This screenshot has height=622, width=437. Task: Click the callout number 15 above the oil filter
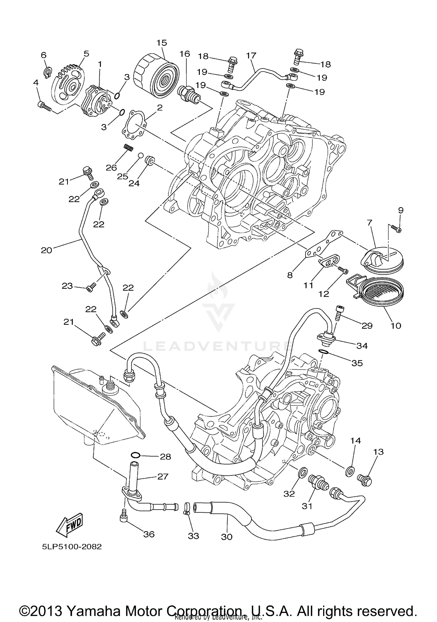tap(162, 43)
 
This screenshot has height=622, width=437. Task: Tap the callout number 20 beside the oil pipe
tap(46, 250)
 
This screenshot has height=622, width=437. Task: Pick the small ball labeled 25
tap(140, 155)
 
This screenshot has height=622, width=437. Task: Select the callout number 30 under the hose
tap(227, 536)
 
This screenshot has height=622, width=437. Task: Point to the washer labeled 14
tap(349, 471)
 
